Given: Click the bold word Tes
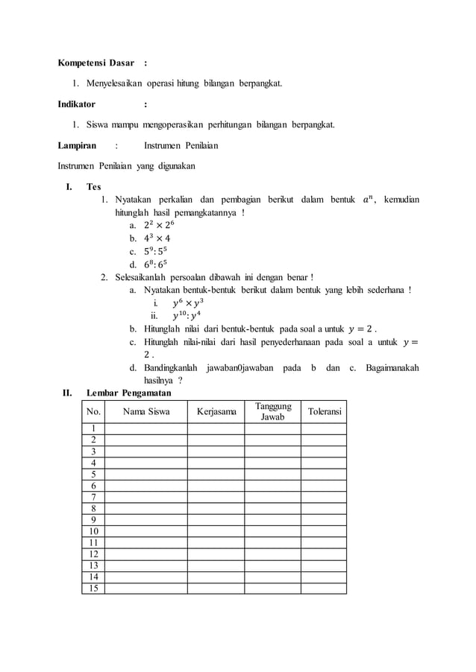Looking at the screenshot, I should [93, 187].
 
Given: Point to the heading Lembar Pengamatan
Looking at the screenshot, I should [128, 393].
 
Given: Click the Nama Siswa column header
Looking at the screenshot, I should [145, 411].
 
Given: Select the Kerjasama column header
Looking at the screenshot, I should [216, 411].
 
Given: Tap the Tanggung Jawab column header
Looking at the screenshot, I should [272, 411].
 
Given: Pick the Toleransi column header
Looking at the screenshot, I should [324, 411].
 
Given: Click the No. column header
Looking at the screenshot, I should [93, 411].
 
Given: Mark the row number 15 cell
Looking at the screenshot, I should [93, 588].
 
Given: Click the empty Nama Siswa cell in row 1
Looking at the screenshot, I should [145, 428].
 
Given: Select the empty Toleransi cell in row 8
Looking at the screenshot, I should [324, 508].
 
